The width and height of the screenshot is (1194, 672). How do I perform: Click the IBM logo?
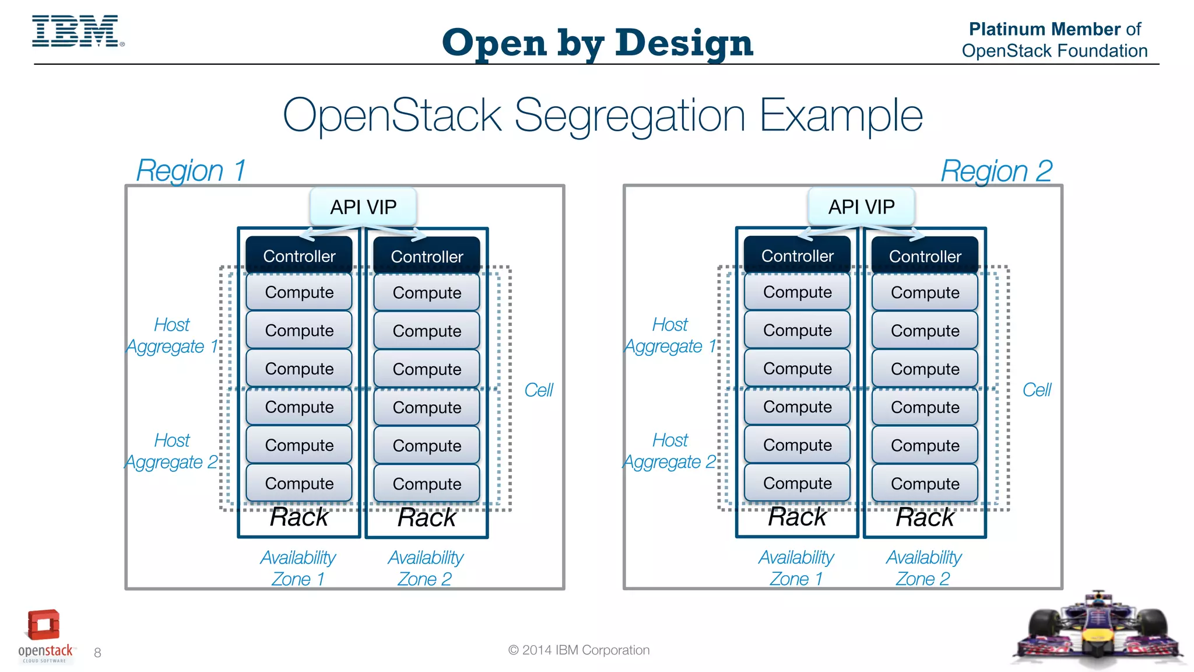pos(76,32)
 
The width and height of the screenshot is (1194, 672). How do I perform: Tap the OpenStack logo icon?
pos(44,626)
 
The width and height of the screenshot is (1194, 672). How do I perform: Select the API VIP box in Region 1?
pos(363,207)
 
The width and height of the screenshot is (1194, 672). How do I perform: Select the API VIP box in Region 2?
pos(861,207)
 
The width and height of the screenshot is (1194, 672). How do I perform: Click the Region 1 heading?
pos(191,171)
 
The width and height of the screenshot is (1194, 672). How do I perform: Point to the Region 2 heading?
pos(996,171)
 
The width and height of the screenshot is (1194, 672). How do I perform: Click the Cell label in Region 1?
pos(538,390)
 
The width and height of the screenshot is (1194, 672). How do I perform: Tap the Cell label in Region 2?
pos(1037,390)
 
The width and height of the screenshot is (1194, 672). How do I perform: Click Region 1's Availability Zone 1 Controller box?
pos(299,256)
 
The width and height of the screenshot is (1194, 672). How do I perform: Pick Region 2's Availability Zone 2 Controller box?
pos(925,256)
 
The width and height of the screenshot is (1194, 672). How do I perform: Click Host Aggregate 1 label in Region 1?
pos(172,335)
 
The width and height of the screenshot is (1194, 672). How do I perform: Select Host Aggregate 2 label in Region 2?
pos(670,451)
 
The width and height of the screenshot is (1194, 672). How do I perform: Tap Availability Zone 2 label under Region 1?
pos(426,568)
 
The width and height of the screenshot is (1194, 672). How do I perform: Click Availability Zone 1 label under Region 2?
pos(796,568)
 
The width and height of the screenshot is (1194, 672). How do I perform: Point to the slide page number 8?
pos(97,653)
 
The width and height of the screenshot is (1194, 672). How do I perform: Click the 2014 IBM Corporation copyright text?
pos(579,650)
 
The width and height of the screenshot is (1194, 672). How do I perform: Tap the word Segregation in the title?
pos(630,116)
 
